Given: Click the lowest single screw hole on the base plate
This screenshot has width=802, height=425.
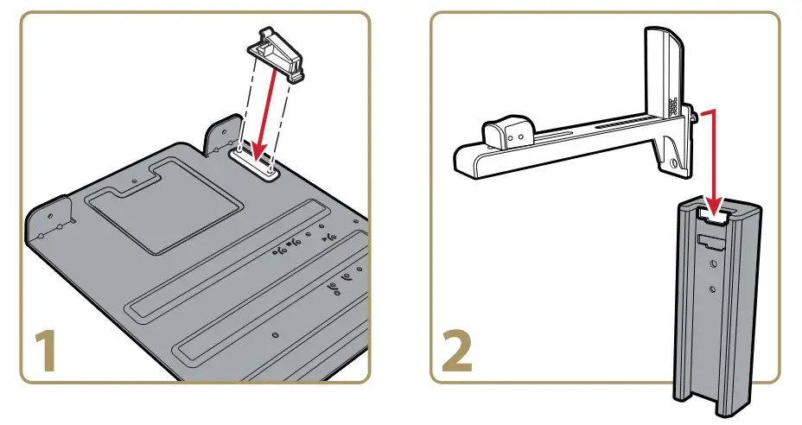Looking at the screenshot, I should point(274,334).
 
